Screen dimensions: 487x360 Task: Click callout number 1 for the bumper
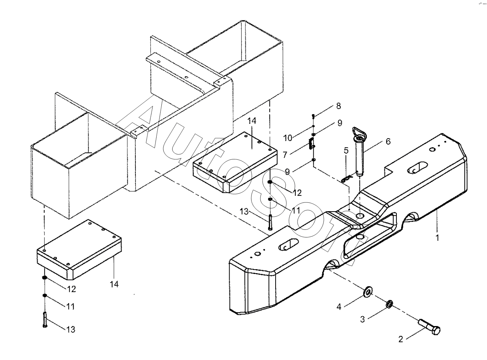point(437,237)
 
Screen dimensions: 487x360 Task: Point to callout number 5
point(346,151)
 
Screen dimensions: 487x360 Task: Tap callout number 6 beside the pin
point(388,142)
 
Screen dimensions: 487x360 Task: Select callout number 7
point(285,155)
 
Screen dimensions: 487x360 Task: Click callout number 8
point(338,106)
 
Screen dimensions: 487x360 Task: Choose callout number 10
point(288,138)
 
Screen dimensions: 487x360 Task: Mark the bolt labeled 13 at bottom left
point(45,320)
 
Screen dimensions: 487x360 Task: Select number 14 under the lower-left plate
point(114,284)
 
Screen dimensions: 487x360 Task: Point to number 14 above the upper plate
point(252,121)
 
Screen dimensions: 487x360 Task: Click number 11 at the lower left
point(70,306)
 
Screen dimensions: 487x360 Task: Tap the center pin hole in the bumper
point(360,216)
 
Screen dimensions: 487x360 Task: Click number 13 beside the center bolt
point(244,212)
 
